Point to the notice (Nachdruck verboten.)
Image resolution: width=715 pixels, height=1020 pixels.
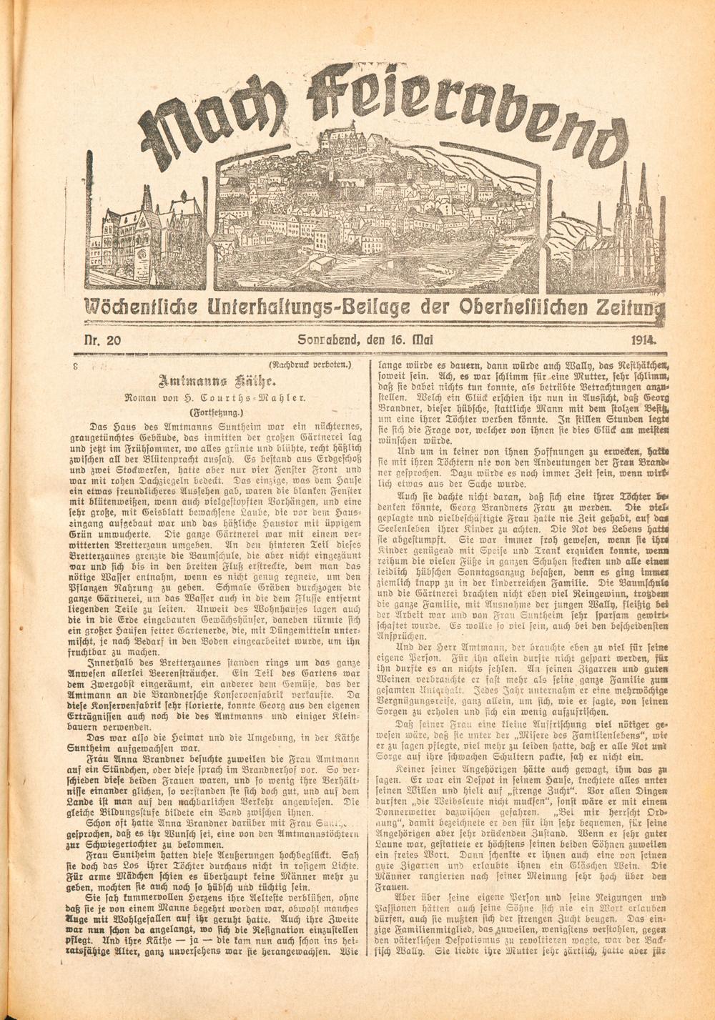312,366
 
